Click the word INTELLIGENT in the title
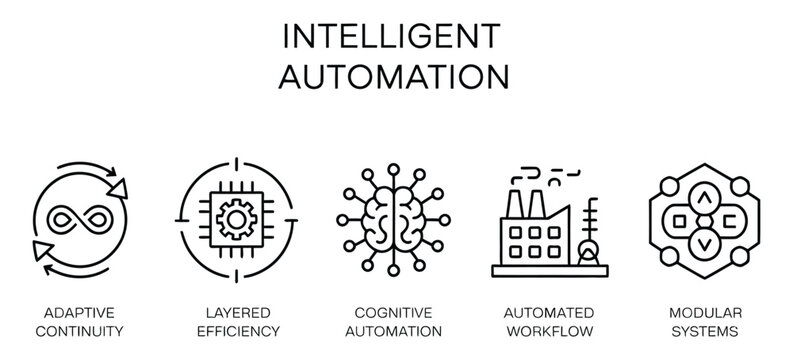pyautogui.click(x=396, y=35)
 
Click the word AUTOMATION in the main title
pyautogui.click(x=396, y=77)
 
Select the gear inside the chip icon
pyautogui.click(x=235, y=214)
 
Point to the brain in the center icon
pyautogui.click(x=395, y=215)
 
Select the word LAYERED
pyautogui.click(x=235, y=312)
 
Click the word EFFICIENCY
pyautogui.click(x=235, y=330)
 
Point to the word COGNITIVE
pyautogui.click(x=396, y=312)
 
